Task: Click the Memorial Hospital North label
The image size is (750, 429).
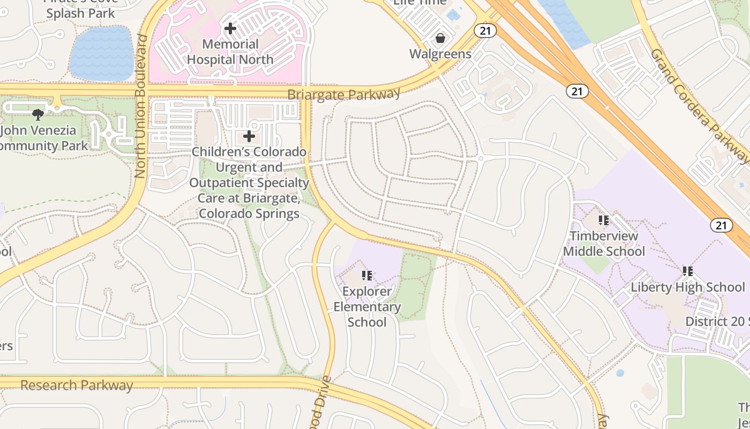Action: pyautogui.click(x=230, y=52)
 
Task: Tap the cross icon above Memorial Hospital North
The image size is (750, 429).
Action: pyautogui.click(x=230, y=28)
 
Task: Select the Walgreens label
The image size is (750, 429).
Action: pyautogui.click(x=440, y=54)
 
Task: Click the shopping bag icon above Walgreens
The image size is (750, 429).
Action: pyautogui.click(x=440, y=38)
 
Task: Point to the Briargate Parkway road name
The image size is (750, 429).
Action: pyautogui.click(x=343, y=94)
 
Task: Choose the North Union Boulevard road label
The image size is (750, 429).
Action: pyautogui.click(x=141, y=106)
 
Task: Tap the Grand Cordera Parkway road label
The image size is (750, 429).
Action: pyautogui.click(x=699, y=105)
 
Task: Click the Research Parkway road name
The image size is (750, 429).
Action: pyautogui.click(x=77, y=385)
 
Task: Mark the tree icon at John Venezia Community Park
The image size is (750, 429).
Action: pyautogui.click(x=38, y=114)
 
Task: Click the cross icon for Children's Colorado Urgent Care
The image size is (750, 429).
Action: pyautogui.click(x=249, y=136)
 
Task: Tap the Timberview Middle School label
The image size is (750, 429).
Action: pyautogui.click(x=604, y=243)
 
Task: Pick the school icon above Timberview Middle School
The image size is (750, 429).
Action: pyautogui.click(x=604, y=220)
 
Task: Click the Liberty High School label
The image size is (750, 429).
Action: pyautogui.click(x=687, y=287)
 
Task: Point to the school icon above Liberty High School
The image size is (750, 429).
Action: pyautogui.click(x=688, y=271)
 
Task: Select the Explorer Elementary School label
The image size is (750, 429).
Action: pyautogui.click(x=367, y=307)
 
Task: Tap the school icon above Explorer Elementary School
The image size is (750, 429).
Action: pyautogui.click(x=367, y=276)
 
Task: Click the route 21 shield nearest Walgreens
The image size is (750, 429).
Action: pyautogui.click(x=485, y=31)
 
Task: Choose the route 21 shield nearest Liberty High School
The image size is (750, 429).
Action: pyautogui.click(x=721, y=225)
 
